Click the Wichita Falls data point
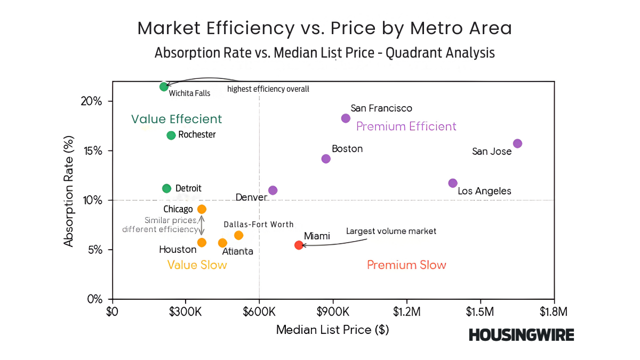164,86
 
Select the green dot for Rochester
171,135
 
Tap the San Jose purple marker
517,143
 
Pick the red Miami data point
299,245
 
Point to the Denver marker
273,190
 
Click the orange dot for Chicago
202,209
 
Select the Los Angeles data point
453,183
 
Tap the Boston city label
347,149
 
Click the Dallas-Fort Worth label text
259,225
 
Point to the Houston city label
178,249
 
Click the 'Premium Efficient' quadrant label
406,126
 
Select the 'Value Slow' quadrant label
197,265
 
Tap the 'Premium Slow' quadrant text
406,265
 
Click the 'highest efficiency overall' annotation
268,89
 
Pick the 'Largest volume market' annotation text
391,231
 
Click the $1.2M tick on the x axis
407,310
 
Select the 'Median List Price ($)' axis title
332,330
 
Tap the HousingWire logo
521,335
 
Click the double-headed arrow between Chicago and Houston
202,226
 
